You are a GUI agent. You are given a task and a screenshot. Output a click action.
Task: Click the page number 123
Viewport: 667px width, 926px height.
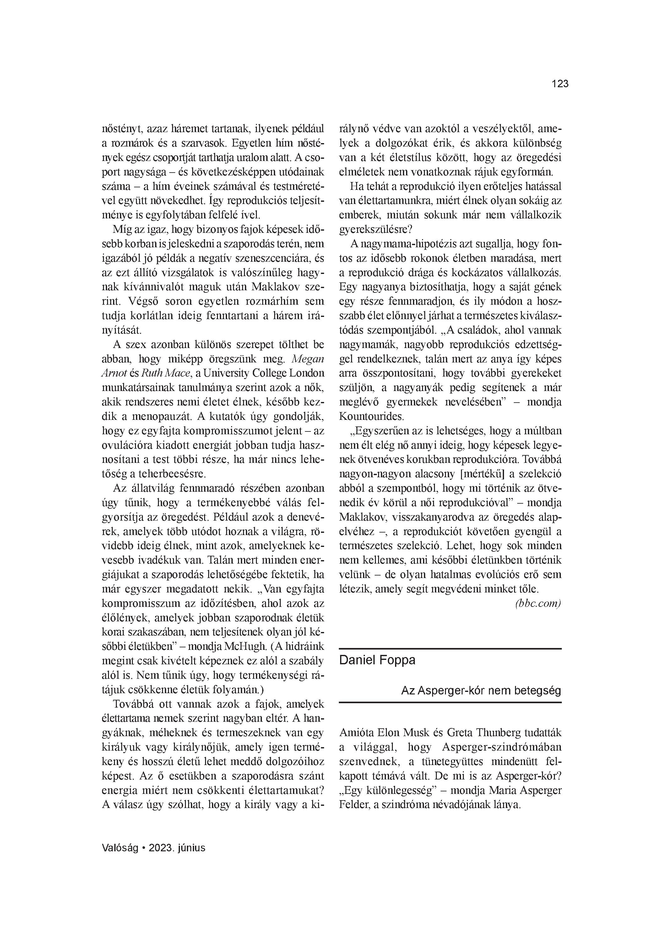click(x=560, y=84)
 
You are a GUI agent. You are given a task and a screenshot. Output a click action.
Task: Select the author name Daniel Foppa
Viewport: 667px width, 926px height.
click(x=377, y=660)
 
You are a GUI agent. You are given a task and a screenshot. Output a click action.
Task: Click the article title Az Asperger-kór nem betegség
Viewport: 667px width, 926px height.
click(x=481, y=690)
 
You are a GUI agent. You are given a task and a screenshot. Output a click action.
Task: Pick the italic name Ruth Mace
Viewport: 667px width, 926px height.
click(x=166, y=373)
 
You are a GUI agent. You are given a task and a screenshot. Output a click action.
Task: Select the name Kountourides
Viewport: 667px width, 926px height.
click(x=371, y=416)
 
